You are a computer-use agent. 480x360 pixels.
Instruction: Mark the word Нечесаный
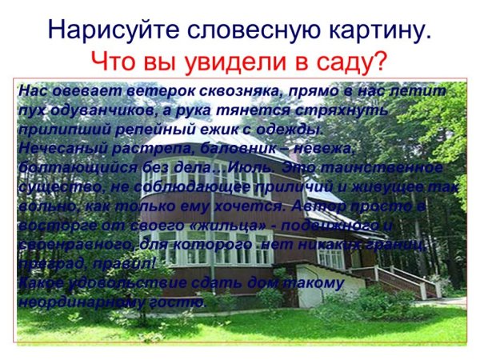pos(54,148)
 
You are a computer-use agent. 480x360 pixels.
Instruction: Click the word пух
pos(30,110)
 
